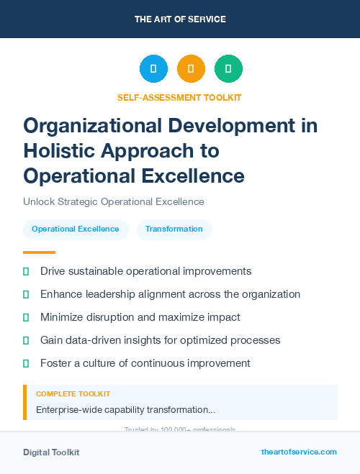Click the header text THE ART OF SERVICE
coord(180,19)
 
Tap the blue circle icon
coord(153,69)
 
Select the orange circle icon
coord(191,69)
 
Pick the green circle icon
coord(228,69)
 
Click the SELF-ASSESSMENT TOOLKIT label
coord(179,97)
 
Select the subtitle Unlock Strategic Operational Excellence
coord(114,202)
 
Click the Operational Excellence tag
coord(76,229)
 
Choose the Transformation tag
coord(174,229)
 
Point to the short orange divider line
coord(39,252)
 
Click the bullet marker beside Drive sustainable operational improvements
coord(26,271)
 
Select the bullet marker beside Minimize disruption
coord(26,317)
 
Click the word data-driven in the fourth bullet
coord(94,340)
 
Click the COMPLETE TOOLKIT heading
coord(73,394)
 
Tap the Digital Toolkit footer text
coord(51,452)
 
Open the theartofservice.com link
coord(299,452)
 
